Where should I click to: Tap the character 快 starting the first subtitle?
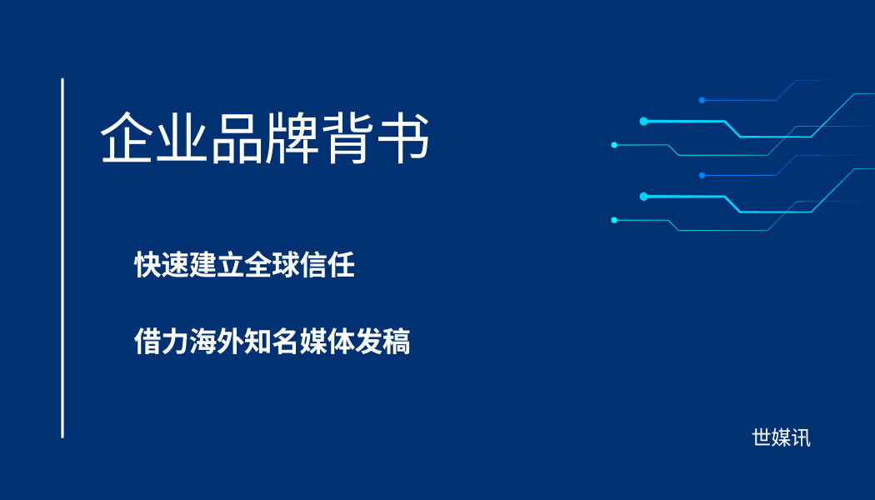coord(147,266)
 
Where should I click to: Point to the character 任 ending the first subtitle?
coord(341,266)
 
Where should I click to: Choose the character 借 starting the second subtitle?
coord(147,342)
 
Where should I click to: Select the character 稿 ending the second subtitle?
coord(397,342)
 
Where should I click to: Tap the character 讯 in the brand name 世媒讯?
coord(801,438)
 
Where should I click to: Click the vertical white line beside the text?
coord(62,258)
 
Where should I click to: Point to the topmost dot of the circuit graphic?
coord(702,100)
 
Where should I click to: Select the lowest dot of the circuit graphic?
coord(614,220)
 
